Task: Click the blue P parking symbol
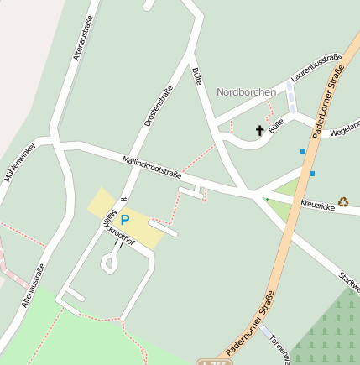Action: (125, 221)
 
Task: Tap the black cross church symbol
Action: (259, 131)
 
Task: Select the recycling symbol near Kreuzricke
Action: (343, 202)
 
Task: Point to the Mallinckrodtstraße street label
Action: (152, 164)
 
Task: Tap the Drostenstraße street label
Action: (159, 107)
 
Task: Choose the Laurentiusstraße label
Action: (316, 68)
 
